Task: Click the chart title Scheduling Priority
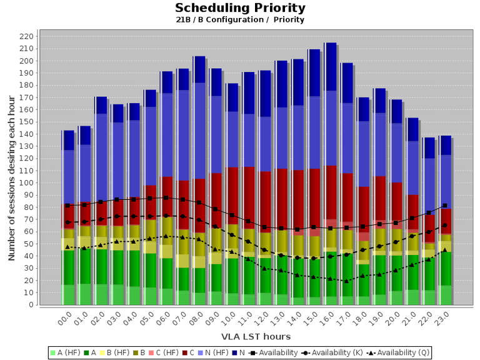240,8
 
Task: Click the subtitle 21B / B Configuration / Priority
240,19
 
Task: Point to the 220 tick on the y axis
26,36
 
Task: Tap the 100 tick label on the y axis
26,183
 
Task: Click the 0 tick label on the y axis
30,305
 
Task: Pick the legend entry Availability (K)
332,353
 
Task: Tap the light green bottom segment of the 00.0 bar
67,295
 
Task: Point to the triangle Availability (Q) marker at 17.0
346,281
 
